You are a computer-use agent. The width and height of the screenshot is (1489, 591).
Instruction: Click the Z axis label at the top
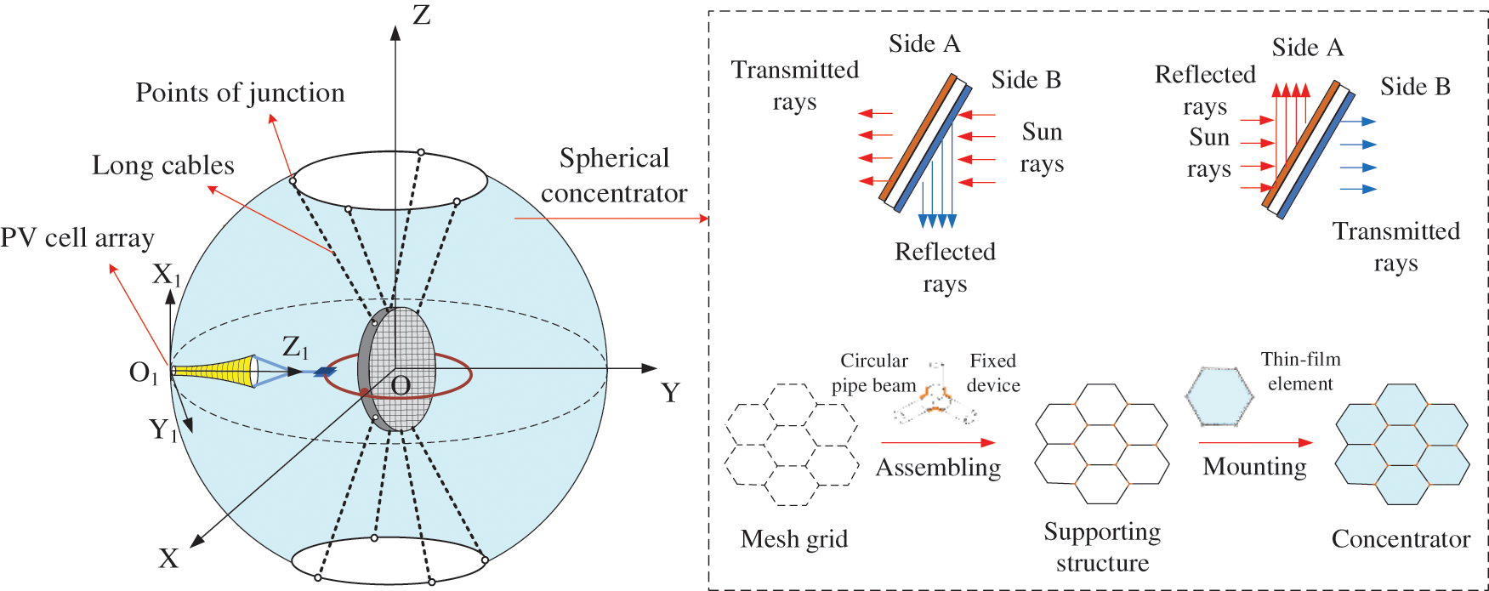[x=421, y=15]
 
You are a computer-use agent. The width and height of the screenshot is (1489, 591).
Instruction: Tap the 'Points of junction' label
[x=240, y=93]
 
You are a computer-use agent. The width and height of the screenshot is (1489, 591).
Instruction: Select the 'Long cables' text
[x=162, y=166]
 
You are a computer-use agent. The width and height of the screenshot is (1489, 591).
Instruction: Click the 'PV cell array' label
[x=77, y=238]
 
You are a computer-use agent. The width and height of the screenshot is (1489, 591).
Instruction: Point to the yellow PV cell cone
[x=217, y=371]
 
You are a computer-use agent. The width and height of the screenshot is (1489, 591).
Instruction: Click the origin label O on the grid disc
[x=401, y=387]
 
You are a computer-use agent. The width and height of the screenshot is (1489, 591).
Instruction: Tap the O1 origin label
[x=143, y=372]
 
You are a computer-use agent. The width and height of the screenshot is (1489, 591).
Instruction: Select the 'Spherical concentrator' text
[x=614, y=176]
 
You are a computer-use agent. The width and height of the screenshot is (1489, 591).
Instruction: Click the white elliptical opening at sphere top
[x=389, y=180]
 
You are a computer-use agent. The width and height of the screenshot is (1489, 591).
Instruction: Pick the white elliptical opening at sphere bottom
[x=389, y=561]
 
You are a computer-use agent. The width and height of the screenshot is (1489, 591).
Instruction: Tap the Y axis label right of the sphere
[x=670, y=393]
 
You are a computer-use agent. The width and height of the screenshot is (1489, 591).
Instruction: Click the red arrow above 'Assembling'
[x=937, y=442]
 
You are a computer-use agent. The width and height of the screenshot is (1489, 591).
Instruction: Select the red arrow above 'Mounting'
[x=1255, y=442]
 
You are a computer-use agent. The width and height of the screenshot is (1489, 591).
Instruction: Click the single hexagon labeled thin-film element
[x=1219, y=396]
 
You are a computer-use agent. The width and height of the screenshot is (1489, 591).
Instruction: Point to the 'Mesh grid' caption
[x=793, y=539]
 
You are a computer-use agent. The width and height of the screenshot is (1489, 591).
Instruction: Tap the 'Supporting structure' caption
[x=1102, y=547]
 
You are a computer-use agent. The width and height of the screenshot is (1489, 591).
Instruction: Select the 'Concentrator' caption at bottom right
[x=1400, y=539]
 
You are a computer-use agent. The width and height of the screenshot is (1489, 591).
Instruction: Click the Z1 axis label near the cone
[x=295, y=347]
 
